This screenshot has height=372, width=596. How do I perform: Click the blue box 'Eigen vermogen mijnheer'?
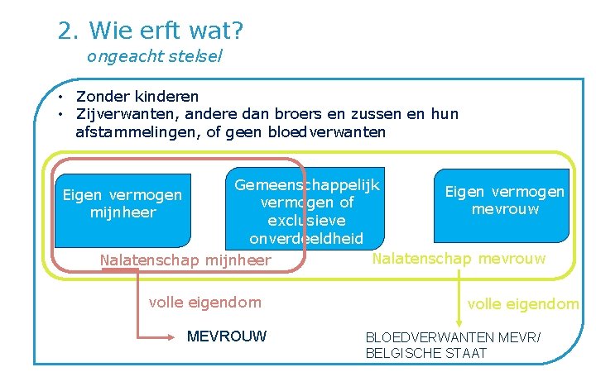point(122,204)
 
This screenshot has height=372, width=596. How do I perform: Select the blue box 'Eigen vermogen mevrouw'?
point(504,200)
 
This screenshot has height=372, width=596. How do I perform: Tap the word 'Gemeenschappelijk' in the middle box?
point(306,184)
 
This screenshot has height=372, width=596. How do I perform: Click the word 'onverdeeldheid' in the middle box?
point(306,239)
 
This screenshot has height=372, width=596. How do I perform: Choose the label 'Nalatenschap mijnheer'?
point(185,261)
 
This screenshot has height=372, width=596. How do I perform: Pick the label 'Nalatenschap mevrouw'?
point(459,259)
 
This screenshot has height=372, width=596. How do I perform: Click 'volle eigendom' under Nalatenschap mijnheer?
point(204,303)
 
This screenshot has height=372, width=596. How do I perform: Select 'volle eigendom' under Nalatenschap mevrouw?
point(523,304)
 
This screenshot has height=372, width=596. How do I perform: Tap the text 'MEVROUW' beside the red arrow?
point(227,336)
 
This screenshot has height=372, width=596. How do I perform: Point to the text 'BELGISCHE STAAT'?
point(426,354)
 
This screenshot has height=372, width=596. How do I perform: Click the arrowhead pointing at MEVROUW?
point(176,336)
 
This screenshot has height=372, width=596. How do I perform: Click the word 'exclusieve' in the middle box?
point(306,221)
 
